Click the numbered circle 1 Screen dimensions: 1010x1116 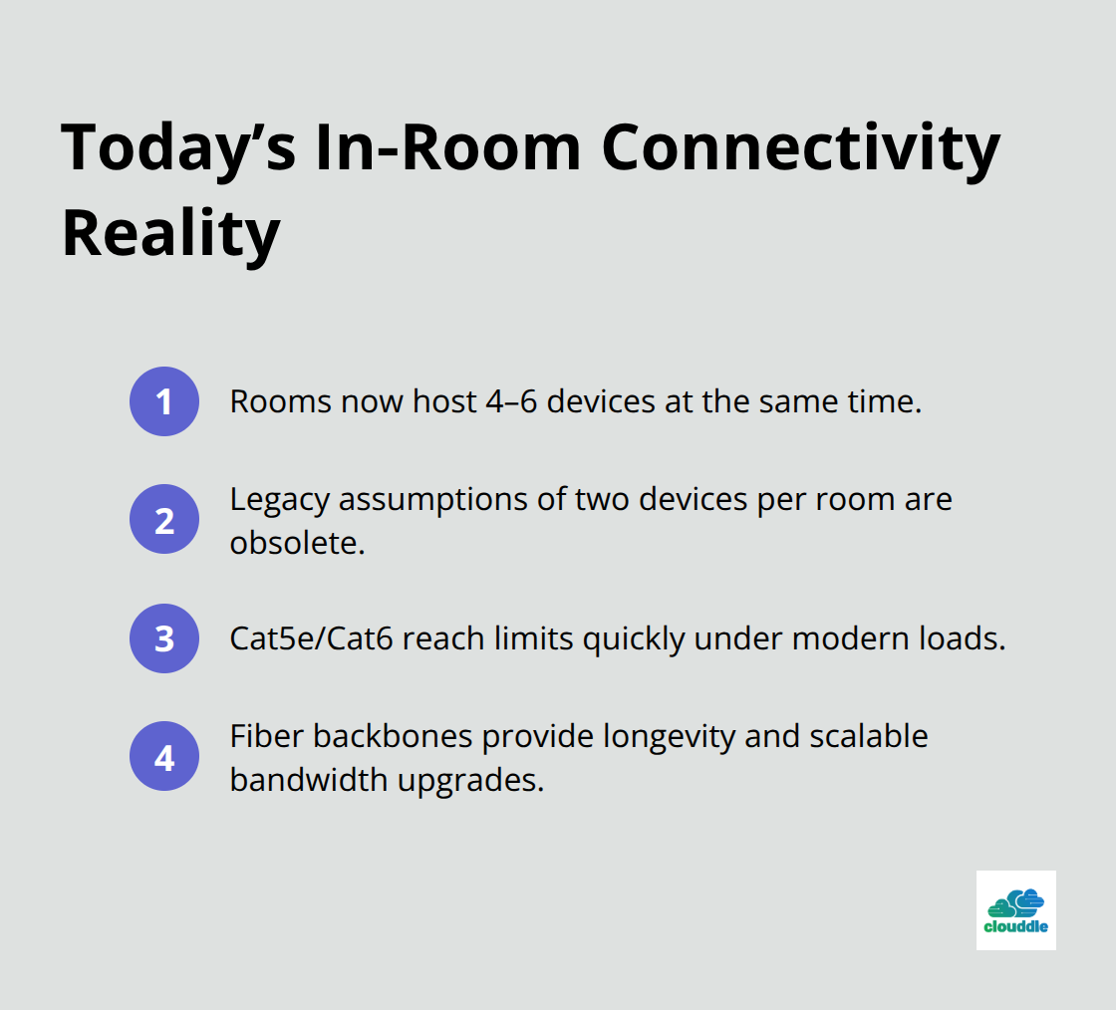(164, 401)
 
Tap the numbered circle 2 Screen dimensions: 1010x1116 (164, 519)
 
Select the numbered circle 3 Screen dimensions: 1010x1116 (164, 637)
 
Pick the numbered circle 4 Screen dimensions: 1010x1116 (164, 756)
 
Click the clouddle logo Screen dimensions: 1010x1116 (1015, 909)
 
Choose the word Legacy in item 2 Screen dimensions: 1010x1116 (279, 498)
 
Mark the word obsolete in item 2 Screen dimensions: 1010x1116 (292, 543)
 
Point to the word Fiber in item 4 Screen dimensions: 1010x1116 (266, 736)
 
